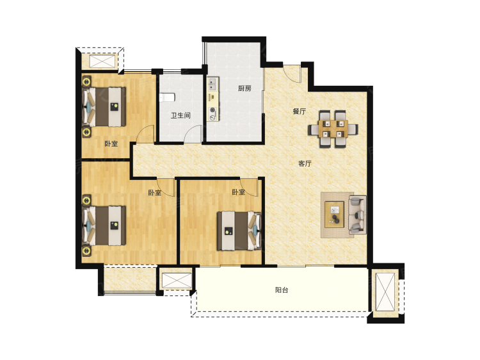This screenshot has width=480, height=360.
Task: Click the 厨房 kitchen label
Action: click(x=244, y=88)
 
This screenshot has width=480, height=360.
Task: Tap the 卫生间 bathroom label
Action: click(x=180, y=115)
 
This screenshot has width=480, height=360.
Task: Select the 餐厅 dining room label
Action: click(x=299, y=111)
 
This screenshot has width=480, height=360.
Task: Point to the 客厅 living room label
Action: click(x=305, y=163)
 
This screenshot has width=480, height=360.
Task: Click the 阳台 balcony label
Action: click(x=282, y=290)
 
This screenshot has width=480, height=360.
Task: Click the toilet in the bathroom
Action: click(x=167, y=97)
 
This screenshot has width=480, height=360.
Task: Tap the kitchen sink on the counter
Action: click(x=212, y=85)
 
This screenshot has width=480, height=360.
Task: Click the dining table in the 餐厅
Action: click(x=333, y=129)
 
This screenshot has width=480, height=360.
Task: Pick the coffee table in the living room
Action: click(x=334, y=215)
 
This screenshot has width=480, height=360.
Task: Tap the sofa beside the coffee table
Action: click(x=358, y=215)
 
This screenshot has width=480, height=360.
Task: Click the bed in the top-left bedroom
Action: click(x=104, y=107)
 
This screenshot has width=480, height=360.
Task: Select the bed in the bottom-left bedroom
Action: click(x=104, y=225)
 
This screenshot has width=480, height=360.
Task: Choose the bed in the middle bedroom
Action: click(x=239, y=231)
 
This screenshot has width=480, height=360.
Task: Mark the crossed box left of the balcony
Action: click(x=177, y=280)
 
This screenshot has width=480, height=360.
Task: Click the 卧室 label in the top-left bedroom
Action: click(x=111, y=143)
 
